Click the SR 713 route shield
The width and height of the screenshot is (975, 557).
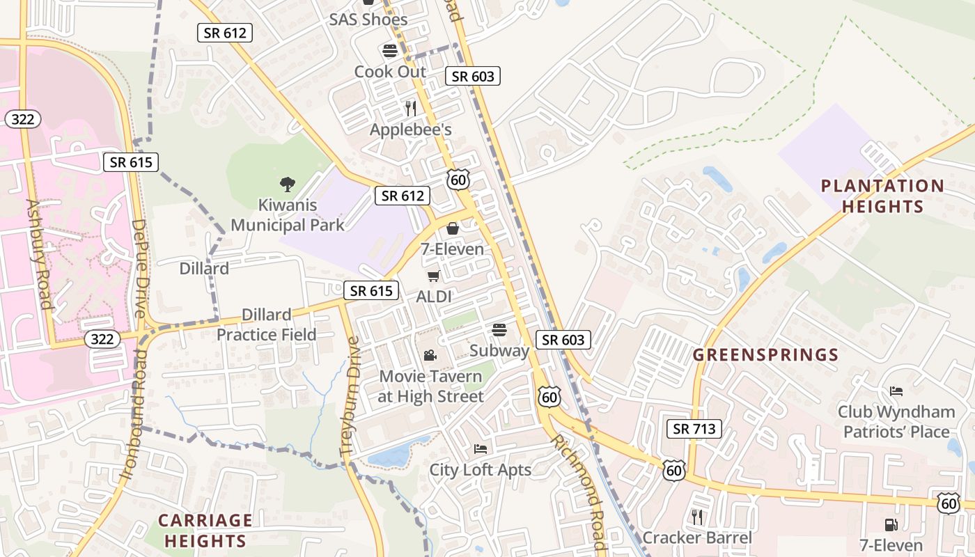[x=694, y=429]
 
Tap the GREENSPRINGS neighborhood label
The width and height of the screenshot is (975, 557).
[x=765, y=355]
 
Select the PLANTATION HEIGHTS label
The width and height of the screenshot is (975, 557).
[x=882, y=196]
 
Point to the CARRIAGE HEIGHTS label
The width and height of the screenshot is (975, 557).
[x=205, y=531]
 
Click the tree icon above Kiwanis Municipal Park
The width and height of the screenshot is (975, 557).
[x=287, y=184]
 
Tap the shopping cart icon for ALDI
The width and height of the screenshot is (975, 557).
[x=433, y=276]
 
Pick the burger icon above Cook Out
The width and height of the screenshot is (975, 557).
[x=389, y=51]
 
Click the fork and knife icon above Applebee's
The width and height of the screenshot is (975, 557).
[x=410, y=109]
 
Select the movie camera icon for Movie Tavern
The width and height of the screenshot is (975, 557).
[x=430, y=356]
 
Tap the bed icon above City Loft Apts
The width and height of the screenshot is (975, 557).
[x=480, y=449]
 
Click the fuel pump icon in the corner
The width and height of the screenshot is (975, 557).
[x=890, y=525]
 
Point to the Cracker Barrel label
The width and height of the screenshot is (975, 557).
[x=697, y=538]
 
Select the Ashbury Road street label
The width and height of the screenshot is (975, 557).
[x=40, y=253]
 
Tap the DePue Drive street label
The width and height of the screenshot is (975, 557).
[x=139, y=269]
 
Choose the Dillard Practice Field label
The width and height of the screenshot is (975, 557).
[x=266, y=324]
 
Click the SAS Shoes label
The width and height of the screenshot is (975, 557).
[x=368, y=19]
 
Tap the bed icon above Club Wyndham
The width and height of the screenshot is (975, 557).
[x=896, y=391]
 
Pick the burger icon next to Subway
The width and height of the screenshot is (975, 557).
[x=499, y=329]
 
